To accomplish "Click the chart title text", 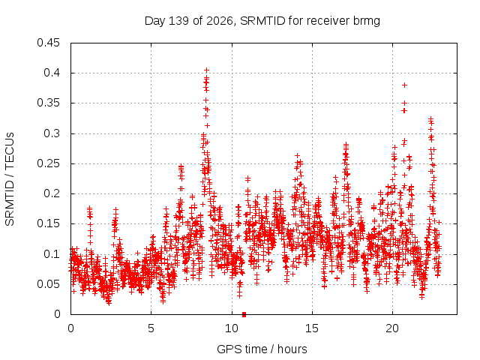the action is click(262, 21).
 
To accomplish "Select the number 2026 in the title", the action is click(220, 21).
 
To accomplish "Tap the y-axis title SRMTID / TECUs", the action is click(10, 179).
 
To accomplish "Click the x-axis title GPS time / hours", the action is click(262, 349).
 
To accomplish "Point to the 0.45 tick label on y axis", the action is click(48, 43).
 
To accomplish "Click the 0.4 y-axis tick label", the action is click(52, 73).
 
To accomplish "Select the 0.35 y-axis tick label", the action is click(48, 103).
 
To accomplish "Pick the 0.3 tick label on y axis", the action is click(52, 133).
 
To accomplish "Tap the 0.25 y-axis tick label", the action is click(48, 163).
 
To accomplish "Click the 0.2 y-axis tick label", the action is click(52, 193).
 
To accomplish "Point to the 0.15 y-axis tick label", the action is click(48, 223).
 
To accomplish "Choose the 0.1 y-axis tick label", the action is click(52, 253).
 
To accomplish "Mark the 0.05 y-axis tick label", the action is click(48, 284).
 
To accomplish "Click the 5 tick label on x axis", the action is click(151, 328).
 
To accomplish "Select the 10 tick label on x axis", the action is click(232, 328).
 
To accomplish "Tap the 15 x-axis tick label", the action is click(312, 328).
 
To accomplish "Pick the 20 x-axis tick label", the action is click(392, 328).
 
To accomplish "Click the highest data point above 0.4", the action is click(207, 70).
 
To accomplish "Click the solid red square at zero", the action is click(244, 314).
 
